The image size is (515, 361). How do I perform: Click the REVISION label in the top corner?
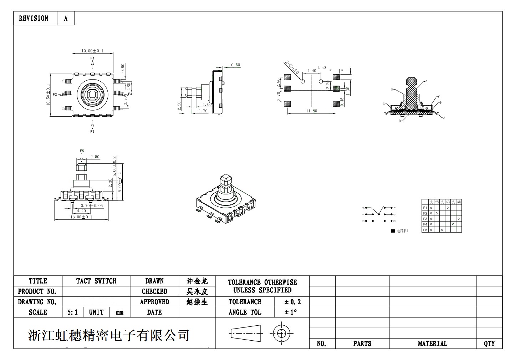pos(34,18)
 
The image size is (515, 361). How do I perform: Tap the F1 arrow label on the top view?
pos(92,58)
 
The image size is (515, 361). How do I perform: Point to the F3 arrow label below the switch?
pos(92,132)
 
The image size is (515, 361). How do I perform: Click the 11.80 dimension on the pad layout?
pos(311,111)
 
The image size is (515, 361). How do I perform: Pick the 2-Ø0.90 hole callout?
pos(292,67)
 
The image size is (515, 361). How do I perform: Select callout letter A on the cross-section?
pos(427,82)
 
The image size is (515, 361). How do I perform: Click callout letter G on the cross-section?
pos(444,117)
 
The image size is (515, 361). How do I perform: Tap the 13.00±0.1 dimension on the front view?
pos(82,217)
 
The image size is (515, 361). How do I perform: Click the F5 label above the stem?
pos(82,151)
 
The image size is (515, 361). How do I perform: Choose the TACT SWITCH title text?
pos(96,281)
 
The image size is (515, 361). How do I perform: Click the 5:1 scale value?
pos(72,312)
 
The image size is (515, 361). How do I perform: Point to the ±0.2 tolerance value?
pos(292,302)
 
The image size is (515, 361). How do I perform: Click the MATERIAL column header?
pos(432,344)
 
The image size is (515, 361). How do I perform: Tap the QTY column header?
pos(489,344)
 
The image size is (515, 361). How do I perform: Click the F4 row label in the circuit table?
pos(425,224)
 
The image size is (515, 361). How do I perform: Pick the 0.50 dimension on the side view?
pos(235,65)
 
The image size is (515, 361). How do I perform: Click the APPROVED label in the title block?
pos(154,302)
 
